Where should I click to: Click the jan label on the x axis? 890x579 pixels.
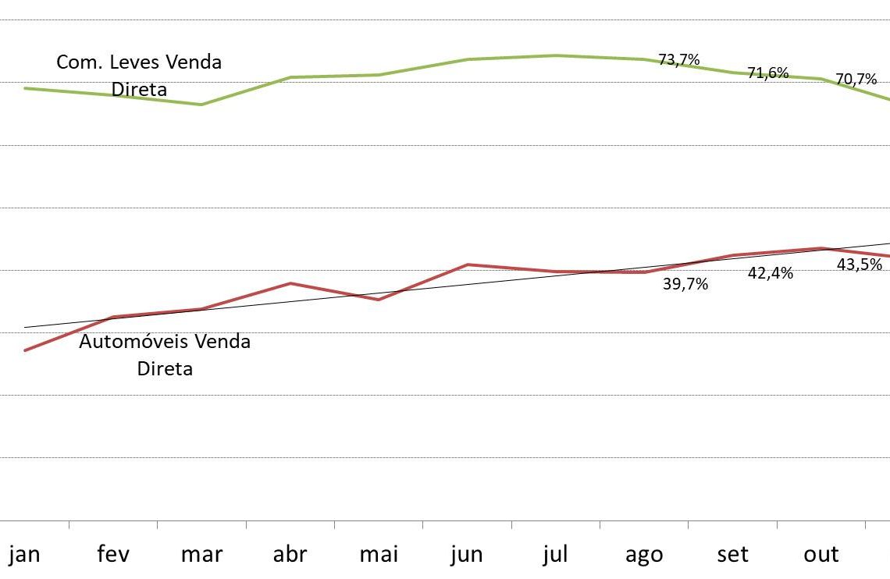tap(24, 555)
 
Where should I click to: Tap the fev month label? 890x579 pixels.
tap(113, 555)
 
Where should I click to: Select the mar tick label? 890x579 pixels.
tap(201, 555)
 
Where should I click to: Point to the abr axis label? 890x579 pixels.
tap(290, 555)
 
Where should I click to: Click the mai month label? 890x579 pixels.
tap(379, 555)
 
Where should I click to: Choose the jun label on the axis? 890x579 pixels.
tap(467, 555)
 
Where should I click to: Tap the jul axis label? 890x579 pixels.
tap(555, 555)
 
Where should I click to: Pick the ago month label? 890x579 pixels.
tap(644, 555)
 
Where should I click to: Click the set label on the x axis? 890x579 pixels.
tap(732, 555)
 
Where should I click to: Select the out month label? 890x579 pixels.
tap(821, 555)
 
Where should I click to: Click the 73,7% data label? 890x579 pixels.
tap(679, 59)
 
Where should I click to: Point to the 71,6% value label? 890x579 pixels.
tap(768, 73)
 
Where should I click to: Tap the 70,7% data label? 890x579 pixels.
tap(856, 80)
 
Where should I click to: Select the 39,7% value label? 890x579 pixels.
tap(685, 285)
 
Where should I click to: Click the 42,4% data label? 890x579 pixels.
tap(771, 274)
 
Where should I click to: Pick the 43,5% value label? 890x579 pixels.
tap(860, 265)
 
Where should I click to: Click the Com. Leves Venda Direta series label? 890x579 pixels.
tap(139, 76)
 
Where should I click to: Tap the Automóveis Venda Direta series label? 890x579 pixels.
tap(165, 354)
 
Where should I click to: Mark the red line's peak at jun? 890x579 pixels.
tap(467, 265)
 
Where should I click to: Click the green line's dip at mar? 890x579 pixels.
tap(201, 105)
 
